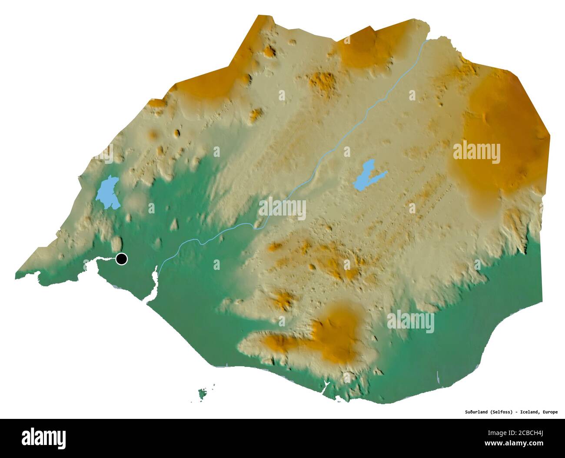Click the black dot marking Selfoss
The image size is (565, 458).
tap(122, 259)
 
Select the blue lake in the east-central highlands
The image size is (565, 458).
tap(368, 175)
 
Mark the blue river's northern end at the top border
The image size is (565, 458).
tap(428, 40)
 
